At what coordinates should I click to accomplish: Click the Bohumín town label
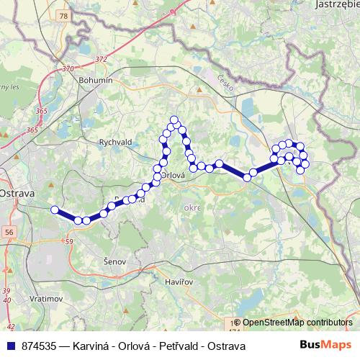pos(96,81)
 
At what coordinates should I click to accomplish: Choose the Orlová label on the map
pos(173,174)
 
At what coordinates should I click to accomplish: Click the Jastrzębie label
pos(337,4)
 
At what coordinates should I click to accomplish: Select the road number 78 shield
pos(64,16)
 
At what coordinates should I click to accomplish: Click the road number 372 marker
pos(100,59)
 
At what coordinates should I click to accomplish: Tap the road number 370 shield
pos(68,69)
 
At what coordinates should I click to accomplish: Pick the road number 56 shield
pos(9,232)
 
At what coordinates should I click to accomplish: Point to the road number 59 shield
pos(69,242)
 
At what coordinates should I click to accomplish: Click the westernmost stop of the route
pos(55,210)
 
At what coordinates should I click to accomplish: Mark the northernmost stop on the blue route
pos(174,120)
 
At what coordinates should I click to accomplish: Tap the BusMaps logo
pos(325,346)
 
